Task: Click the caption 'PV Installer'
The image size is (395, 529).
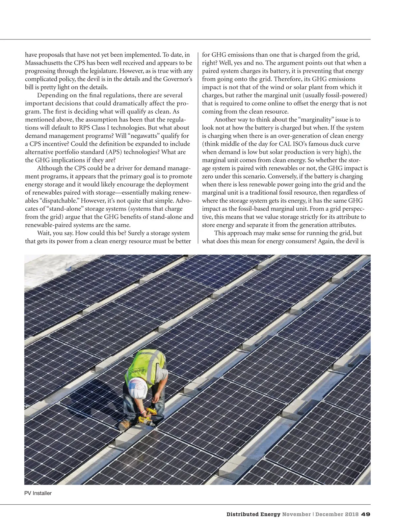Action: click(x=38, y=493)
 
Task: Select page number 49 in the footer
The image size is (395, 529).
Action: click(x=366, y=514)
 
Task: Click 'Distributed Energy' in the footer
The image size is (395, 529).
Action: click(x=253, y=514)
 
